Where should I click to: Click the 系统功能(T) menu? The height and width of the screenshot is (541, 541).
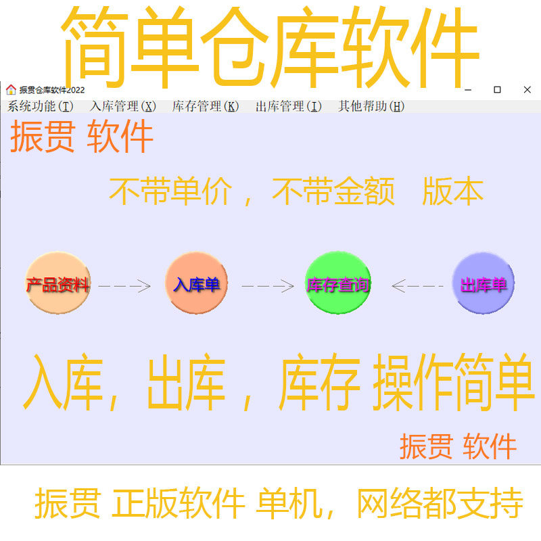(x=40, y=106)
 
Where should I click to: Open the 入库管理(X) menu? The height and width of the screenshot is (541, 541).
(x=123, y=106)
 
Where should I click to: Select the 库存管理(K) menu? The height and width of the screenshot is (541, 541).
(x=206, y=106)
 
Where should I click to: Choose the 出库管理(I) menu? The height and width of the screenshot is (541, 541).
(x=289, y=106)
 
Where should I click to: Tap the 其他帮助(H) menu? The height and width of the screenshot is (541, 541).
(x=371, y=106)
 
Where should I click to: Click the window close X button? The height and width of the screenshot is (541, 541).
(x=527, y=90)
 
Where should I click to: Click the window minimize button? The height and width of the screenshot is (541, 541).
(x=467, y=90)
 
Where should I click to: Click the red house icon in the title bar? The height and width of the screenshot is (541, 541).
(x=11, y=89)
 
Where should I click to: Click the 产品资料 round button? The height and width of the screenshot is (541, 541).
(x=57, y=284)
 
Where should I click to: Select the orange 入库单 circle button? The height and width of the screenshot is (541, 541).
(x=197, y=284)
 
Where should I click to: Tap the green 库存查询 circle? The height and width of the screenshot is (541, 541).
(x=338, y=284)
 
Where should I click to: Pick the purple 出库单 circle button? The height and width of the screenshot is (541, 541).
(x=484, y=284)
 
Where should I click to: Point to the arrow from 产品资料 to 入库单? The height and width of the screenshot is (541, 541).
(x=124, y=286)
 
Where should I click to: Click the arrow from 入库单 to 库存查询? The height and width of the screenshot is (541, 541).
(x=268, y=286)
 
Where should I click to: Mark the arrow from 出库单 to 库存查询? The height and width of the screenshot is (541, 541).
(x=417, y=286)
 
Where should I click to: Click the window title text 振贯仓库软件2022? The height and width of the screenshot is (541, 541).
(x=52, y=90)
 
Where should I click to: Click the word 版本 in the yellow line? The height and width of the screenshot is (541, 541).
(x=453, y=192)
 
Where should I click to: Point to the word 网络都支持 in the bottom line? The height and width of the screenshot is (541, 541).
(x=440, y=504)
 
